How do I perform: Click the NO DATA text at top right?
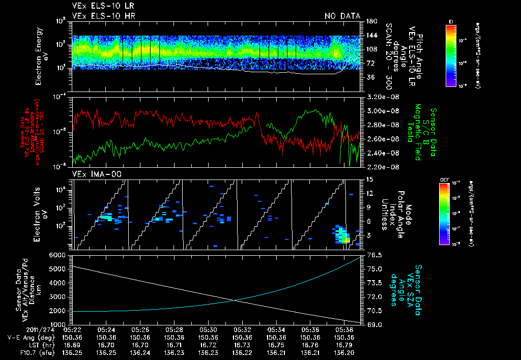(x=342, y=16)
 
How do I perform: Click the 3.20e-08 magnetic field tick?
(x=381, y=97)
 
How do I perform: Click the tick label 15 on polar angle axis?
(x=369, y=179)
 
